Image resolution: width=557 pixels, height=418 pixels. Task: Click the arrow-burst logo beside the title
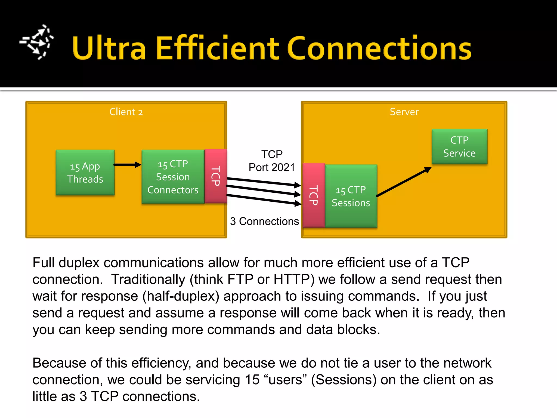pos(37,42)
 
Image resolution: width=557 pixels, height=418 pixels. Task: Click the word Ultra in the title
pos(109,48)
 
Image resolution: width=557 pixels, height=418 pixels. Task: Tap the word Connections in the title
pos(379,48)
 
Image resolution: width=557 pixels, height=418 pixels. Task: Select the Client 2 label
pos(126,112)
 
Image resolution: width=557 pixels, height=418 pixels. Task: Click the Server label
pos(404,112)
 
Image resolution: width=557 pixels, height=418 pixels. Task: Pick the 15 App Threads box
pos(85,173)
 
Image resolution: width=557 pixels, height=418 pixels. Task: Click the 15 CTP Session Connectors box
pos(173,177)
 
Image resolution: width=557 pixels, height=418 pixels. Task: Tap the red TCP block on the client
pos(216,176)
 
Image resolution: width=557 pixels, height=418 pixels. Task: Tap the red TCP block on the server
pos(314,195)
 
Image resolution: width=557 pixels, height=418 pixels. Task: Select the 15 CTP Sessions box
pos(351,196)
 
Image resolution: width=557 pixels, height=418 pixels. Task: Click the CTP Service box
pos(459,147)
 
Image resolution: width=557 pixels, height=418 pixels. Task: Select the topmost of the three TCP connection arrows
pos(264,182)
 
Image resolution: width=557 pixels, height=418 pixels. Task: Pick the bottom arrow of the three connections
pos(264,199)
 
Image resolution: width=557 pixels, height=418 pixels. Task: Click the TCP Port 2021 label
pos(272,161)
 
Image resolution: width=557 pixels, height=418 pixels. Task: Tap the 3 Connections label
pos(264,221)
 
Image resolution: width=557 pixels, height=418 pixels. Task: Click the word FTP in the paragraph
pos(240,279)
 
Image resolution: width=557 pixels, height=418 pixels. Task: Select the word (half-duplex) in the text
pos(181,296)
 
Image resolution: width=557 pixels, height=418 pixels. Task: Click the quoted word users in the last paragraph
pos(285,380)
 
